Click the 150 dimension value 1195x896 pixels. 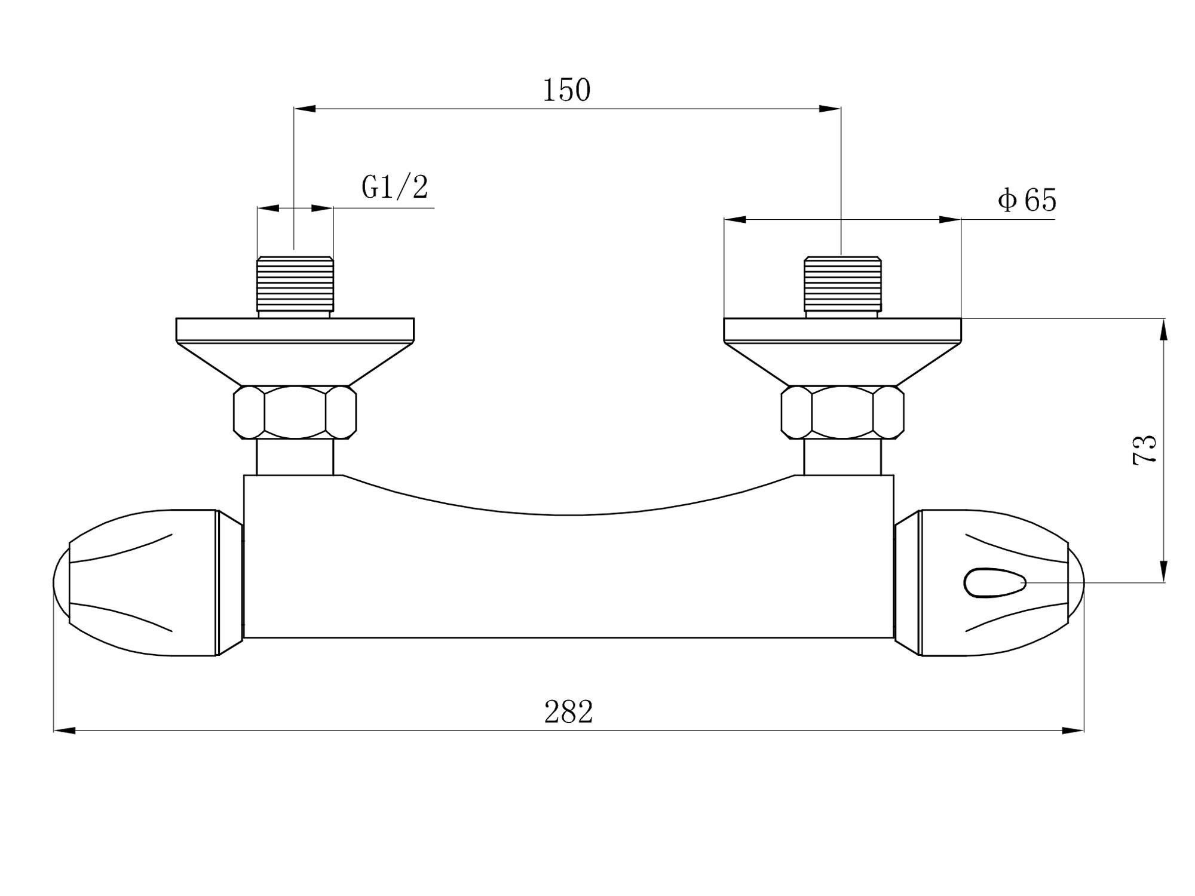pos(566,90)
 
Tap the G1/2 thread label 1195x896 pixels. pos(395,187)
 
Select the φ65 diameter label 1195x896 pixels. pos(1027,200)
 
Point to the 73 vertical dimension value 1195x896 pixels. pos(1145,450)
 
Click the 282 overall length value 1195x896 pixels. pos(568,711)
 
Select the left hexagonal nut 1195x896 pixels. pos(295,413)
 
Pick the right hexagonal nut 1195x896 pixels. pos(842,413)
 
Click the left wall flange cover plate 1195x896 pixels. pos(295,352)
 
